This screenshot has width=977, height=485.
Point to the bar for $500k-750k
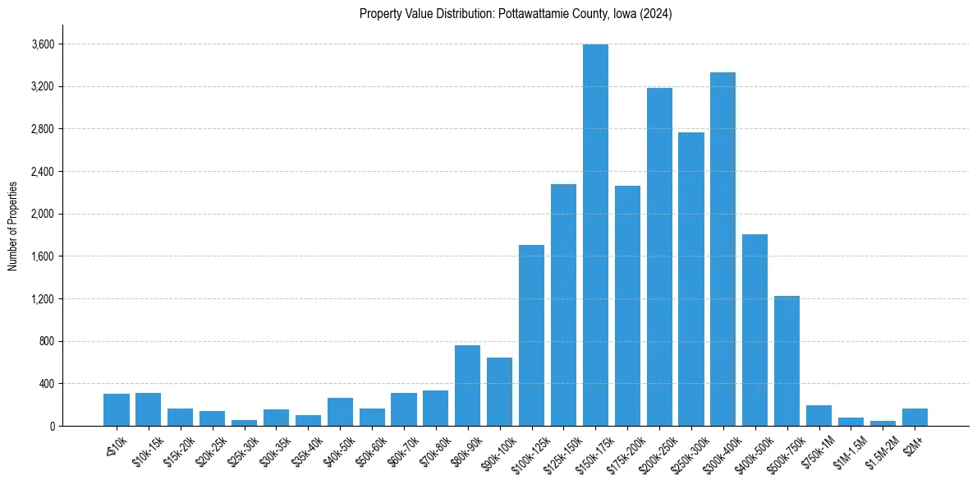pos(787,361)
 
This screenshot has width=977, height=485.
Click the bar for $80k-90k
pos(467,386)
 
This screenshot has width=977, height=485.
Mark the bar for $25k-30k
pos(244,423)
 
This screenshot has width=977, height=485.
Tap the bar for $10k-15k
pos(148,409)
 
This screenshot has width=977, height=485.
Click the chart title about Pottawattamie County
pos(516,14)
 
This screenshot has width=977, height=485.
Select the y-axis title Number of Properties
pos(13,225)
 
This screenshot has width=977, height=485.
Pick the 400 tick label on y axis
pos(46,384)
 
